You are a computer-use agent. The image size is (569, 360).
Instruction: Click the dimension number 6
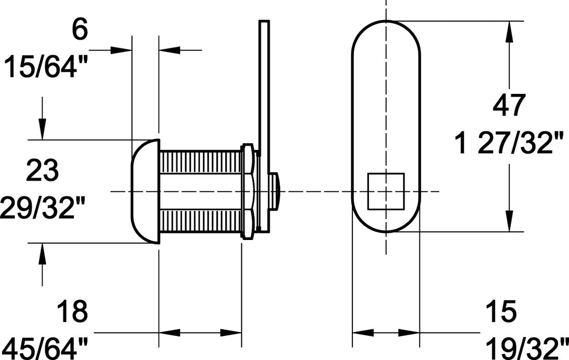(x=80, y=30)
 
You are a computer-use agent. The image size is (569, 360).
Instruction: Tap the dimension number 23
(x=42, y=170)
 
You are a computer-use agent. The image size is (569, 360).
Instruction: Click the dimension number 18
(x=72, y=312)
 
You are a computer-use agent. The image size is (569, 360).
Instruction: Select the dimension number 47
(x=509, y=105)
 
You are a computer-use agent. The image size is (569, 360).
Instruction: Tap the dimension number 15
(x=501, y=312)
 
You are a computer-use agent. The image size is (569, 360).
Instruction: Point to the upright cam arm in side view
(x=264, y=86)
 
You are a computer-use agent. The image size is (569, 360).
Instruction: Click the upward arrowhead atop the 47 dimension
(x=509, y=30)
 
